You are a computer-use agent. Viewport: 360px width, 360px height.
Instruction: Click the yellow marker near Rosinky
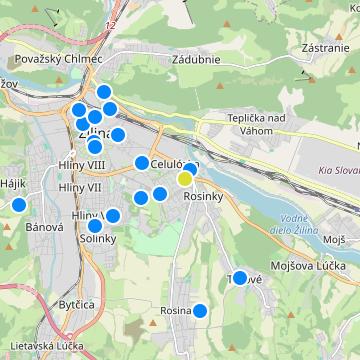185,179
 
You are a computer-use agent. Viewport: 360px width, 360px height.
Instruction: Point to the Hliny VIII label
82,169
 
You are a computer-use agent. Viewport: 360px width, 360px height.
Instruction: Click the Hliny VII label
80,187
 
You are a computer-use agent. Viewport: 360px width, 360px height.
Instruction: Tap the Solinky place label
99,239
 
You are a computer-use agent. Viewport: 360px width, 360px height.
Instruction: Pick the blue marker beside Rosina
200,311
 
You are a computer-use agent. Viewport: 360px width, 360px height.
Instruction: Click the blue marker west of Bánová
18,205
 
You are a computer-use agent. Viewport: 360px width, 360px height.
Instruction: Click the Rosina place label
175,311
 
